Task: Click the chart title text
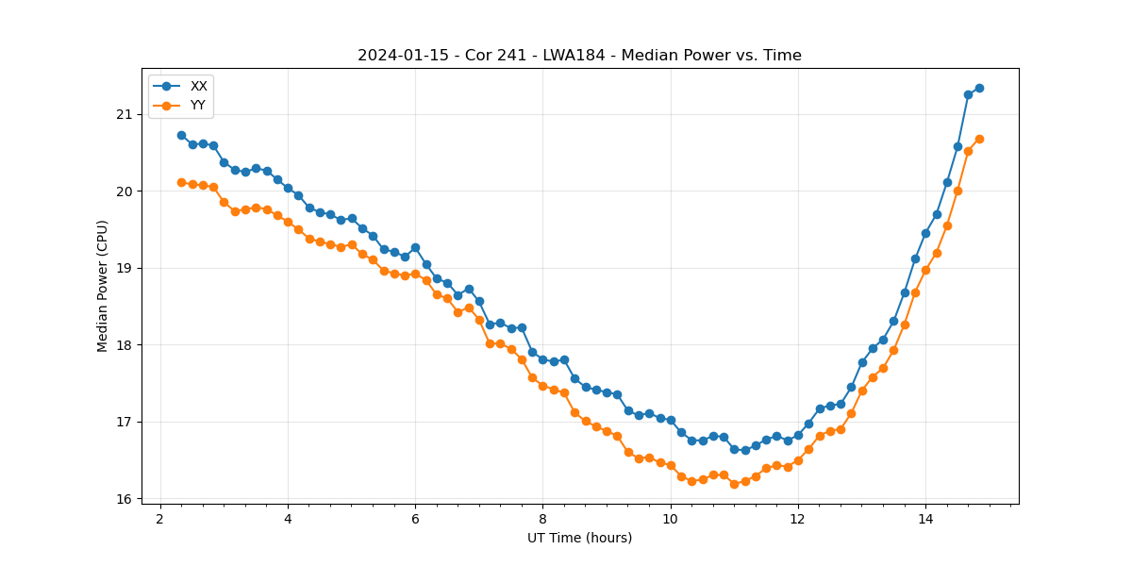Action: (x=579, y=56)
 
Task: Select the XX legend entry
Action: (x=198, y=86)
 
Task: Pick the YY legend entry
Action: (x=198, y=106)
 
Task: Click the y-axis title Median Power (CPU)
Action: (x=103, y=286)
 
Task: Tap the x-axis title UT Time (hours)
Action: (x=579, y=538)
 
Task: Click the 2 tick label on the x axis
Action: (x=160, y=519)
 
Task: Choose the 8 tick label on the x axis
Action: (x=542, y=519)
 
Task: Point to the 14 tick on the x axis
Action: (x=925, y=519)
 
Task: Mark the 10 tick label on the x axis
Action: (x=670, y=519)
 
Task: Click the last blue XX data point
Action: (x=979, y=88)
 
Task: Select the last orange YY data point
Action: (x=979, y=139)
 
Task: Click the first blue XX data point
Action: (x=181, y=135)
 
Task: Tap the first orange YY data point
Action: (x=181, y=182)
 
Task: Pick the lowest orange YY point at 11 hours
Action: (x=734, y=484)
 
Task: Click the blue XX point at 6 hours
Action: (x=415, y=247)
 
